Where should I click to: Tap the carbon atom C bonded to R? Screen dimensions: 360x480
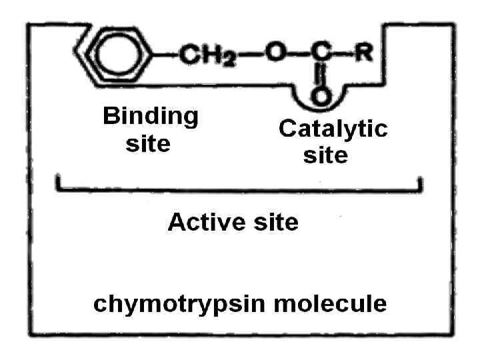coord(321,53)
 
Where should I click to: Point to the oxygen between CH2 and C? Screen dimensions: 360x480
coord(275,53)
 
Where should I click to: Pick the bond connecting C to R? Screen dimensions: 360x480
coord(342,53)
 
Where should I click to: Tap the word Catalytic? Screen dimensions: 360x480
coord(333,129)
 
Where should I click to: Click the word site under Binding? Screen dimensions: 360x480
coord(148,144)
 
